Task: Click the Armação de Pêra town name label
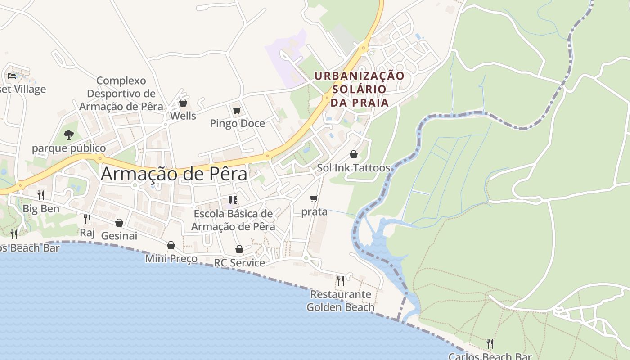(x=174, y=174)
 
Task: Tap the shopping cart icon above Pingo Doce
(x=237, y=110)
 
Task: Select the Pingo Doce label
(x=237, y=123)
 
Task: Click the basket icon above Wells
(x=183, y=103)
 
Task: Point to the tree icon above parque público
(x=68, y=135)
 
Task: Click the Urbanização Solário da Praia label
(x=360, y=89)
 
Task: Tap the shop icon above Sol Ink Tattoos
(x=354, y=154)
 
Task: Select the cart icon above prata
(x=314, y=198)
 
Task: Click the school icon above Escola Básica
(x=233, y=200)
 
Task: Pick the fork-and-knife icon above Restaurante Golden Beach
(x=341, y=281)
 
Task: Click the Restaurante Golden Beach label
(x=341, y=301)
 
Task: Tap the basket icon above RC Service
(x=239, y=249)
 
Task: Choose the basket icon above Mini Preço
(x=171, y=245)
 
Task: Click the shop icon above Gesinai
(x=119, y=223)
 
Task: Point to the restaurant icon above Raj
(x=87, y=219)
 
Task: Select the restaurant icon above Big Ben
(x=41, y=195)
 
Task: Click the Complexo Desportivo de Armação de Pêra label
(x=121, y=94)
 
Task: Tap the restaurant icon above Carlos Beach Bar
(x=490, y=344)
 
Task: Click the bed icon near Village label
(x=12, y=76)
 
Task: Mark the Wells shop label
(x=183, y=116)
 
